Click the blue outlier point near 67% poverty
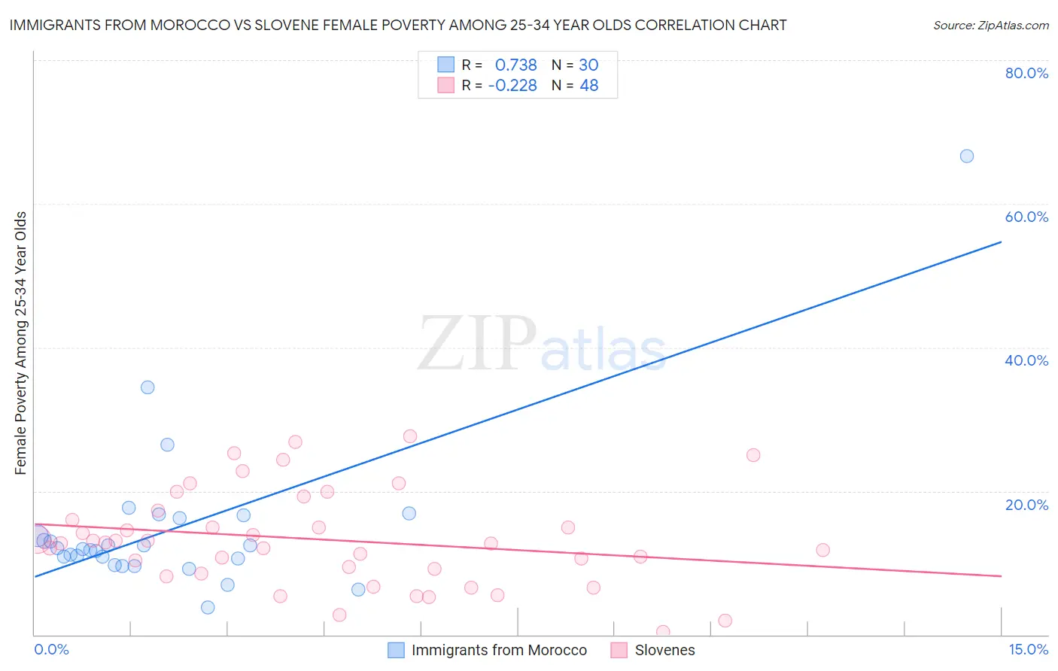[x=967, y=156]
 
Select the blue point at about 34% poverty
[x=147, y=387]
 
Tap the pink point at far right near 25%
[x=753, y=455]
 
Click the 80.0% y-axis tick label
[x=1026, y=73]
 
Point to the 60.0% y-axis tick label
[x=1026, y=217]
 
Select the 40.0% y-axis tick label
[x=1026, y=360]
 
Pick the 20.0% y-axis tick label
[x=1026, y=505]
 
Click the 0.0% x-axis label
[x=51, y=649]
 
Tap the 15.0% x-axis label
[x=1028, y=649]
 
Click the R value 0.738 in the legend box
[x=515, y=65]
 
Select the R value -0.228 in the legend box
[x=512, y=86]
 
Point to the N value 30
[x=588, y=65]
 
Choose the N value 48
[x=588, y=86]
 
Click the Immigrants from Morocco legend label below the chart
[x=499, y=650]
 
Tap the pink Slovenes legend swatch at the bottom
[x=619, y=650]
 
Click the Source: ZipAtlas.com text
[x=990, y=26]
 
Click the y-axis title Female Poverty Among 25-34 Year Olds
[x=20, y=343]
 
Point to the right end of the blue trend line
[x=1001, y=242]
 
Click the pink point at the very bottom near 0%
[x=663, y=632]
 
